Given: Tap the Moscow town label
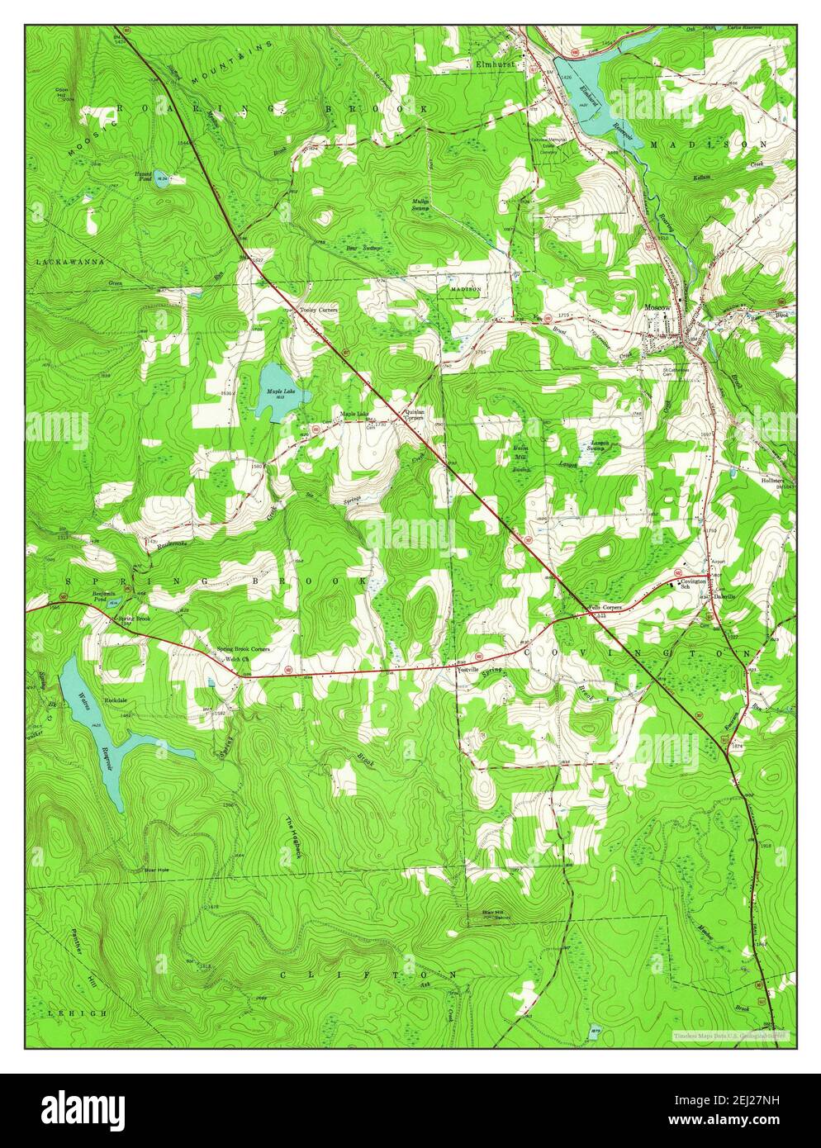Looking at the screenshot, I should tap(657, 309).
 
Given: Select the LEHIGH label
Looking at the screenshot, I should tap(66, 1012).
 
